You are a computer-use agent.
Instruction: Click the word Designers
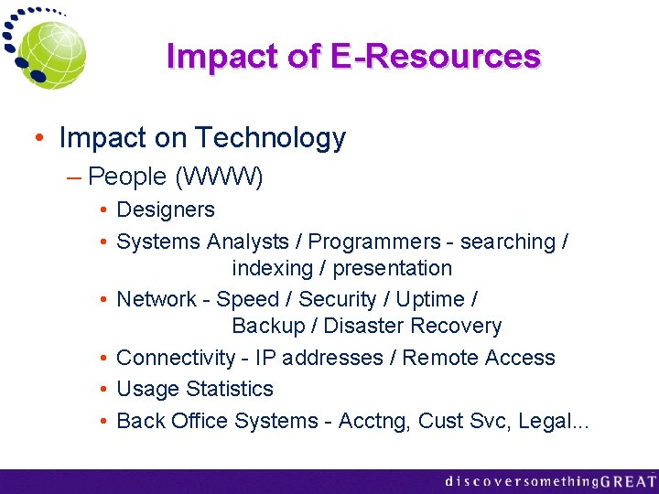click(x=166, y=209)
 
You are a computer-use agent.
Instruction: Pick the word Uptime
click(x=430, y=299)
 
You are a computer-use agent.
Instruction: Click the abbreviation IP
click(x=265, y=358)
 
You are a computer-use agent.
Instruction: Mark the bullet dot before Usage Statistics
click(x=105, y=390)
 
